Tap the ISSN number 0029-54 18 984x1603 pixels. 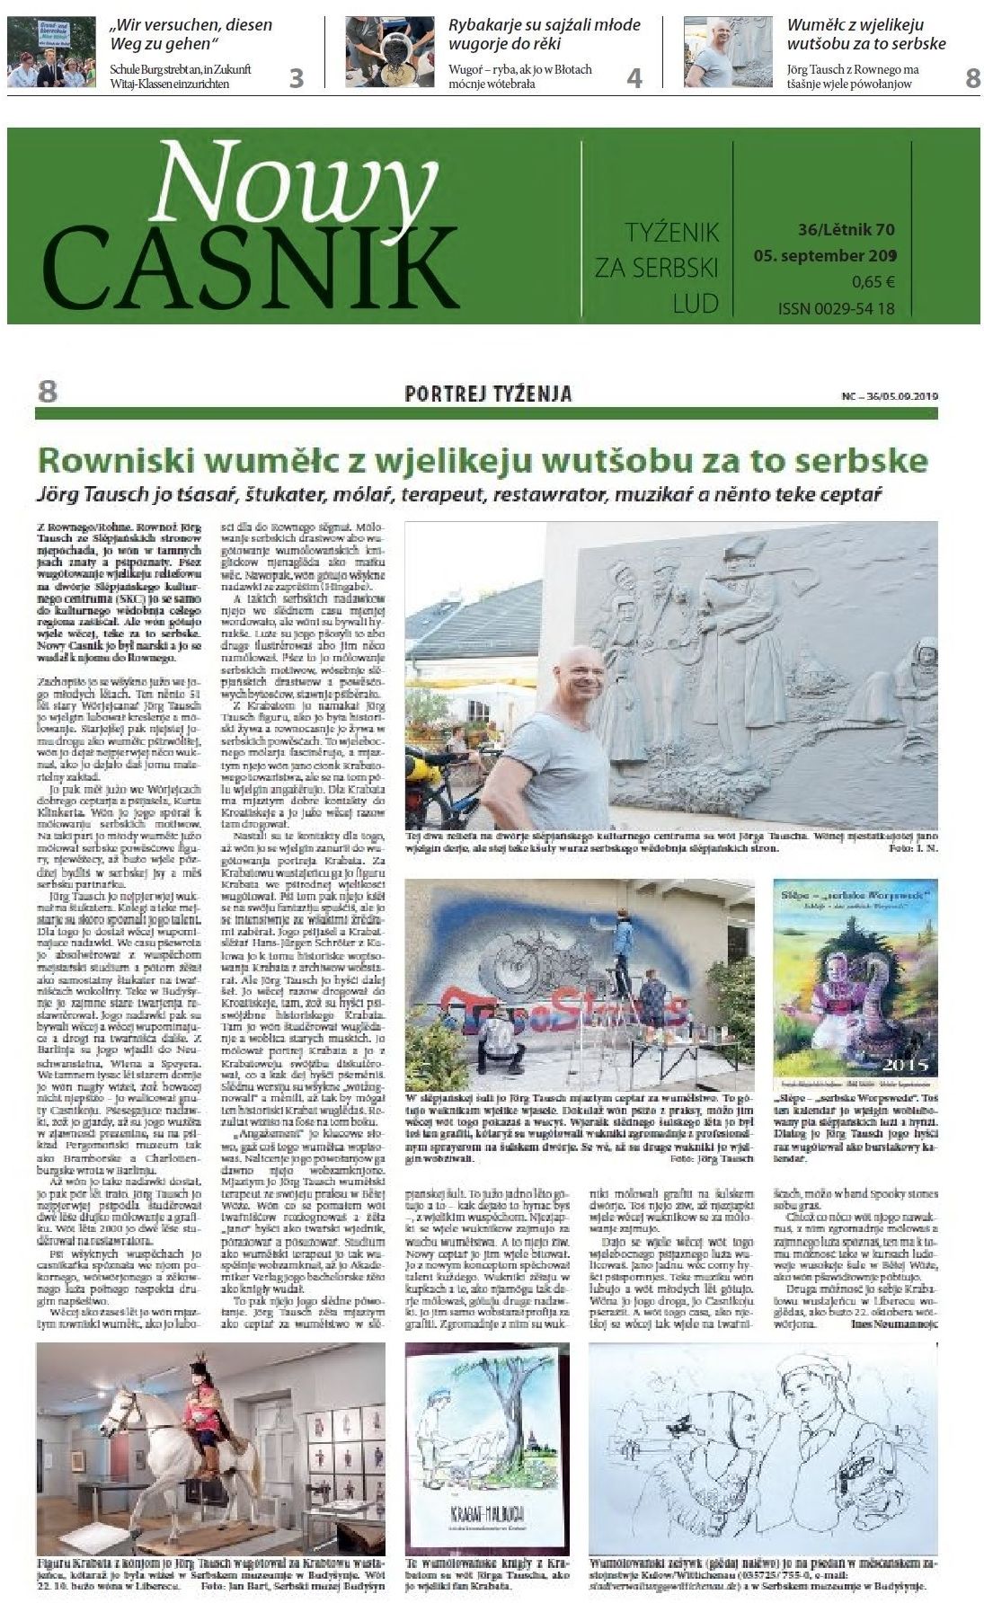[x=836, y=309]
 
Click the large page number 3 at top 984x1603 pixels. [x=296, y=78]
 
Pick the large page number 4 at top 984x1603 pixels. [x=634, y=78]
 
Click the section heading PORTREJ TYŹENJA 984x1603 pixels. [x=488, y=394]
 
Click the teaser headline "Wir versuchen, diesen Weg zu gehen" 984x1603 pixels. [x=191, y=35]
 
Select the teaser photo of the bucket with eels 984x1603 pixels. [x=390, y=51]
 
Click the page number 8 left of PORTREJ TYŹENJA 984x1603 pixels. [x=48, y=393]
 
